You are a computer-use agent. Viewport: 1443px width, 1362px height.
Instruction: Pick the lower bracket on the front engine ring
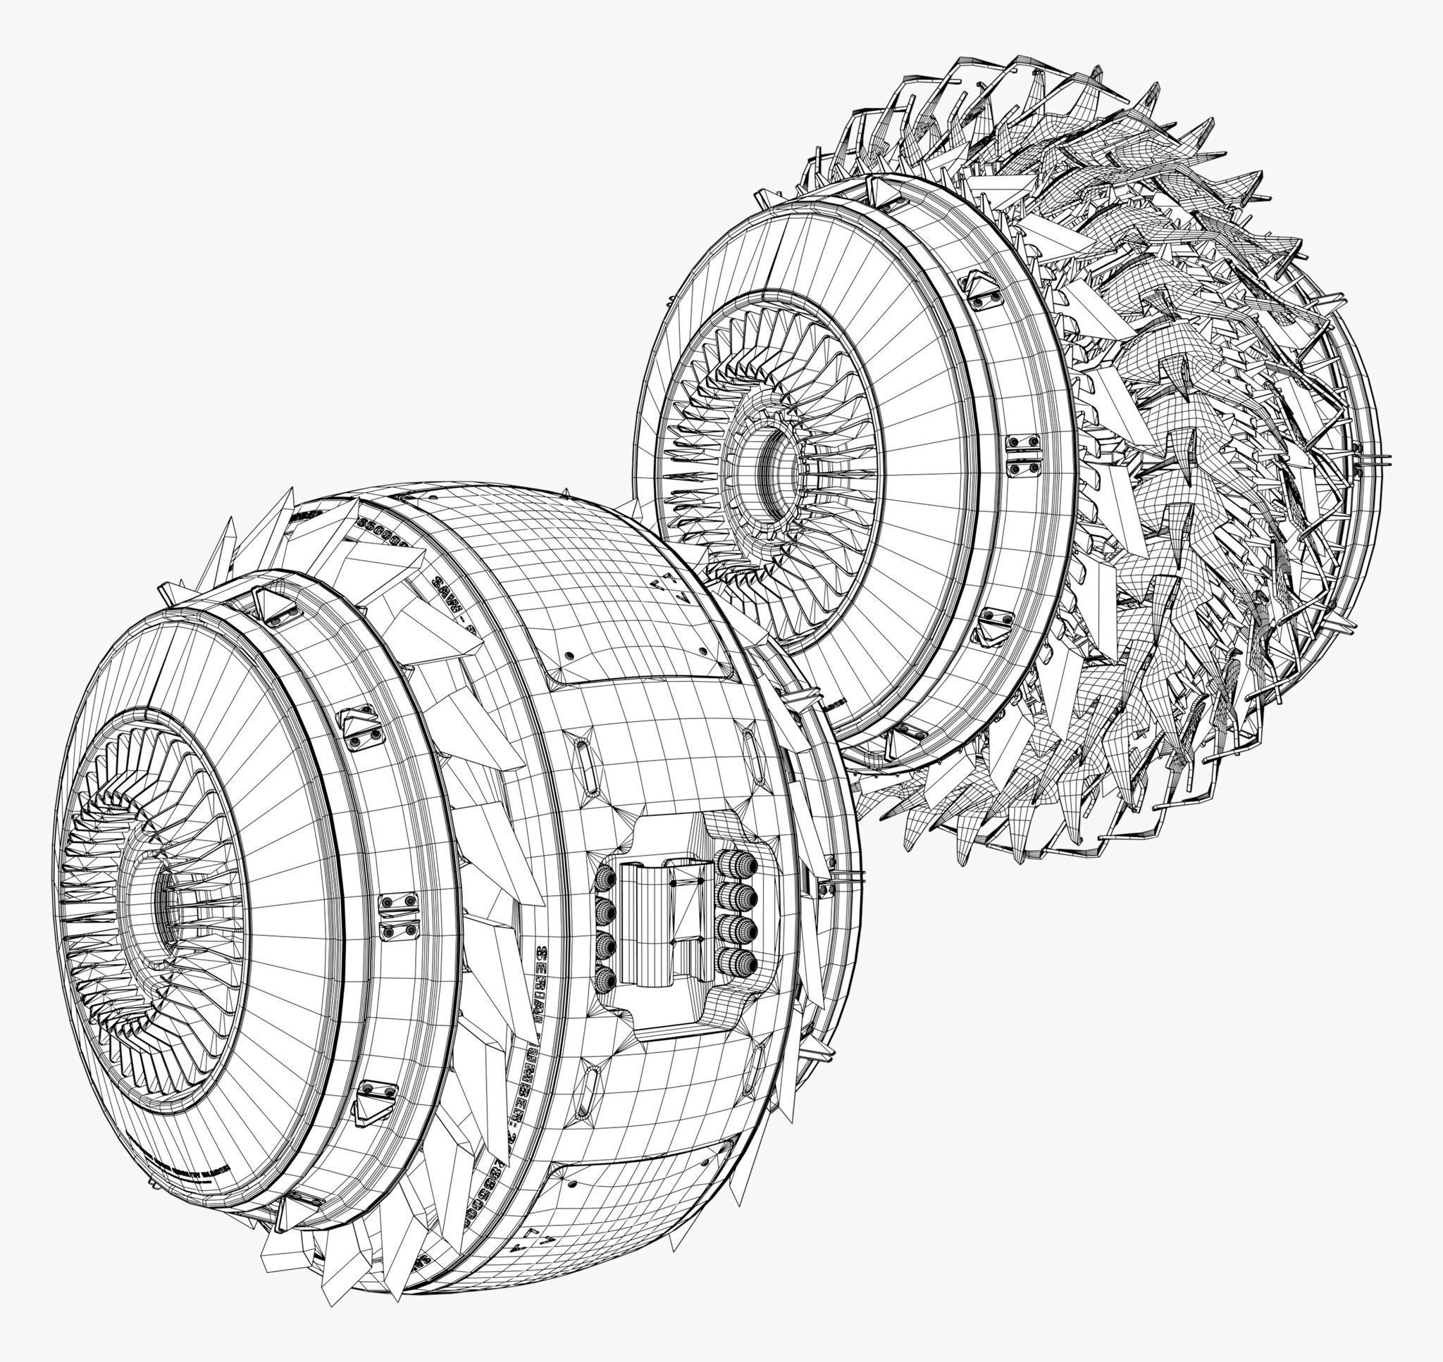click(376, 1100)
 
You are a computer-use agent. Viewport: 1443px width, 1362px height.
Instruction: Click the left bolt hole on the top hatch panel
click(569, 656)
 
